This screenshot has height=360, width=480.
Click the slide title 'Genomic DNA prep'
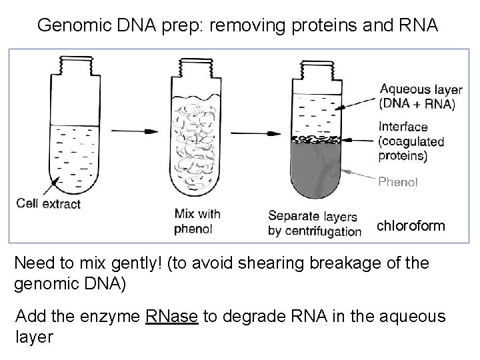click(x=237, y=25)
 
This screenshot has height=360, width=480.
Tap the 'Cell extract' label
click(x=48, y=203)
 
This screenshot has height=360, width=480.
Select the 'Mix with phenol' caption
click(x=197, y=221)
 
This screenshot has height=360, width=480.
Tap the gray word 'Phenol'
click(x=398, y=181)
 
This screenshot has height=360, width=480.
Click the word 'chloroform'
click(x=411, y=226)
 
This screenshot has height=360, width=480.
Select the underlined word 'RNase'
click(x=171, y=316)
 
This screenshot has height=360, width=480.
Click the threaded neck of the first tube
click(x=71, y=68)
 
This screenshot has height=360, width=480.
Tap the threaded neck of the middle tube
click(x=193, y=68)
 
